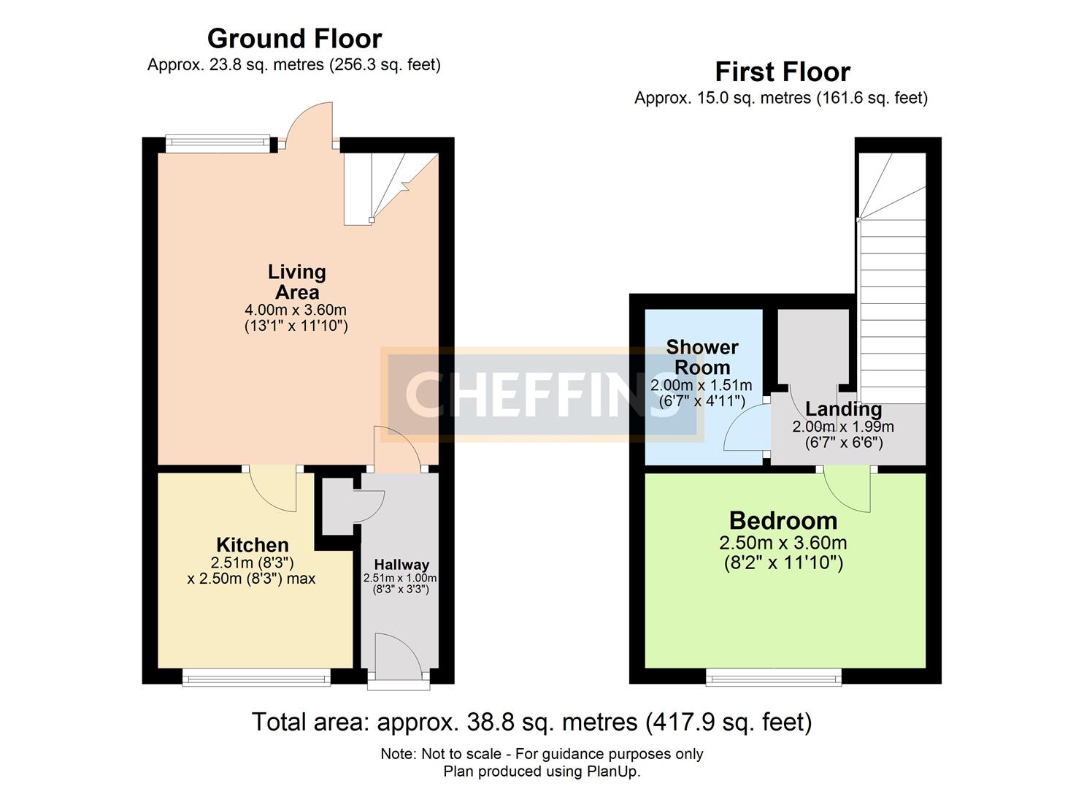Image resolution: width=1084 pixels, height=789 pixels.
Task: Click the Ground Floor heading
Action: tap(294, 39)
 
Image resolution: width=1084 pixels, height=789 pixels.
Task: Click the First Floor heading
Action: tap(782, 72)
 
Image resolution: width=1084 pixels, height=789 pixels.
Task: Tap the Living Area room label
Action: tap(296, 282)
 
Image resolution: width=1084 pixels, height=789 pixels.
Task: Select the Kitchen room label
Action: tap(253, 545)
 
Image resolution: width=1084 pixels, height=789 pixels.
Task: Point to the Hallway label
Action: tap(401, 565)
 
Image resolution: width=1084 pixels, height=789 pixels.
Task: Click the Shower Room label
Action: tap(701, 357)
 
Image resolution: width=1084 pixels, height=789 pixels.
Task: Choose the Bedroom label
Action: tap(783, 521)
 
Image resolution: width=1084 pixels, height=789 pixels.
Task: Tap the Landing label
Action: tap(843, 409)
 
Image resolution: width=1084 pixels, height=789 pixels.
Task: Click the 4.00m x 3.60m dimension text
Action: tap(296, 310)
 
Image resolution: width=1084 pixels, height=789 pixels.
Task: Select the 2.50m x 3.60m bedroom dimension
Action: tap(783, 543)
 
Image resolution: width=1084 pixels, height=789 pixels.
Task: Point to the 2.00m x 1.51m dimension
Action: tap(701, 385)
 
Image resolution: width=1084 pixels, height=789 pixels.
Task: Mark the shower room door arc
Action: tap(745, 431)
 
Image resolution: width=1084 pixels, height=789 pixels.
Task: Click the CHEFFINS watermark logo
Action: tap(542, 395)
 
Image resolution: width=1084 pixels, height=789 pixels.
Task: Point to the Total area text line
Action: tap(531, 722)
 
